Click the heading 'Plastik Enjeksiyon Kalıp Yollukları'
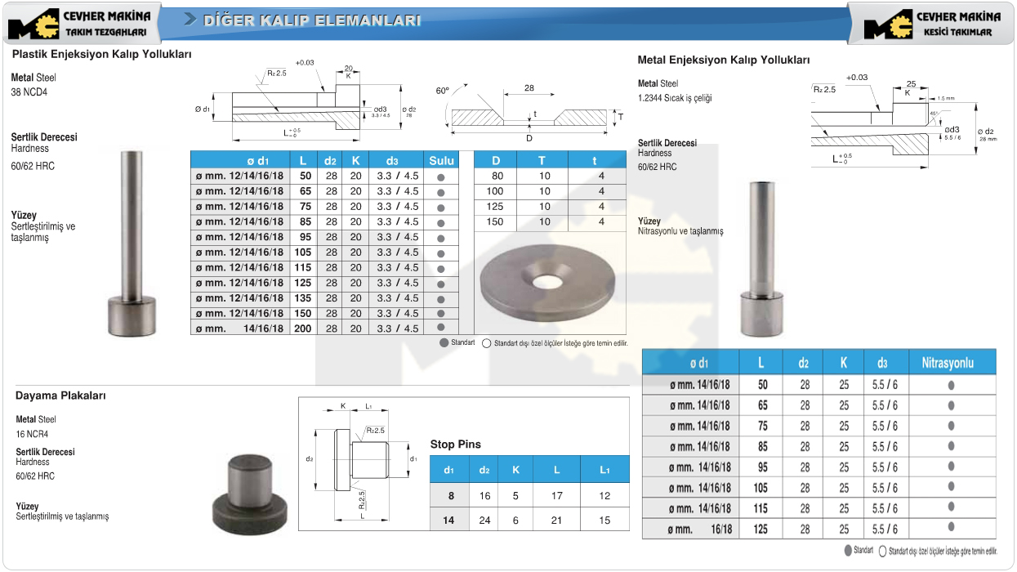click(101, 54)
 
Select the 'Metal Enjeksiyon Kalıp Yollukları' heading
click(723, 60)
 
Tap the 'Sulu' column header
click(441, 160)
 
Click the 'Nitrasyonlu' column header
click(948, 363)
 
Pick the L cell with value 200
click(303, 328)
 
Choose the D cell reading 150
click(495, 221)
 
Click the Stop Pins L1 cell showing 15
click(604, 521)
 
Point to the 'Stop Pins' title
click(455, 445)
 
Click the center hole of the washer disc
click(547, 282)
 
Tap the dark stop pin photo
click(249, 494)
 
